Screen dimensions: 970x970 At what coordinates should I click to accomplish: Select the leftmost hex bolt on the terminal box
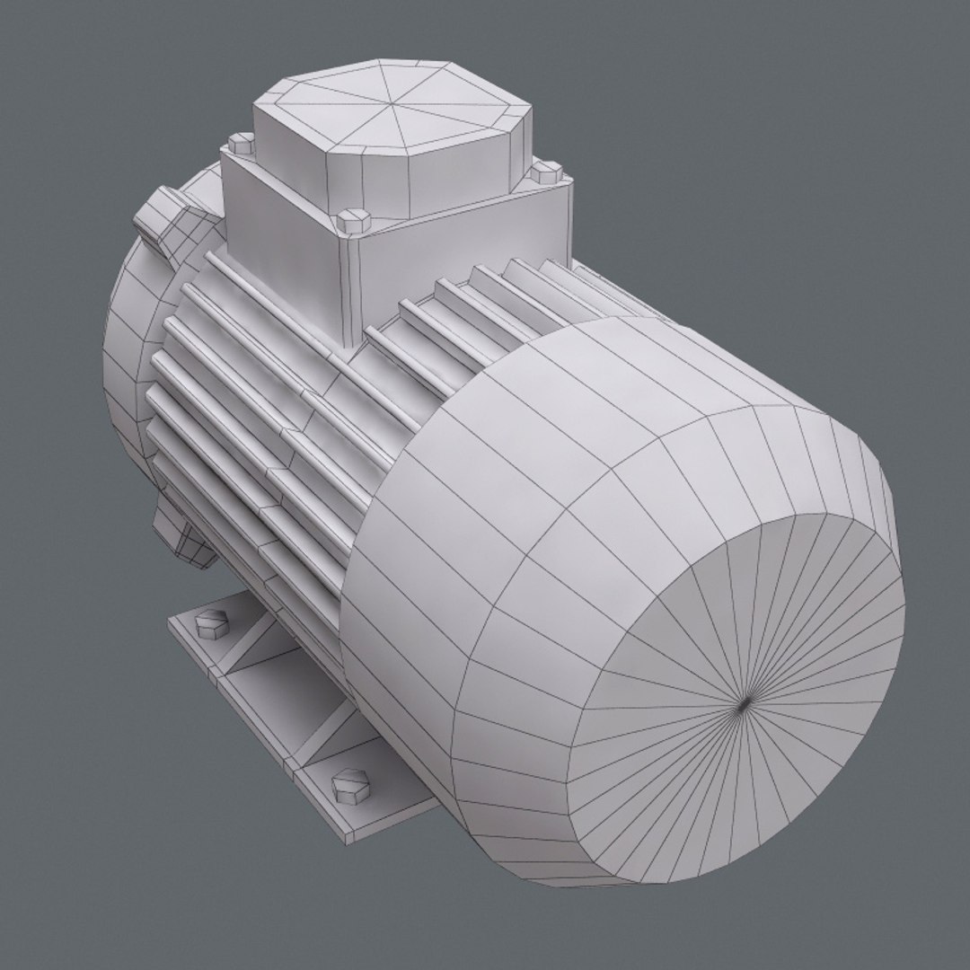(x=241, y=143)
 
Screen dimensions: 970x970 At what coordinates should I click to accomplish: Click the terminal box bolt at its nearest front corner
(x=353, y=219)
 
